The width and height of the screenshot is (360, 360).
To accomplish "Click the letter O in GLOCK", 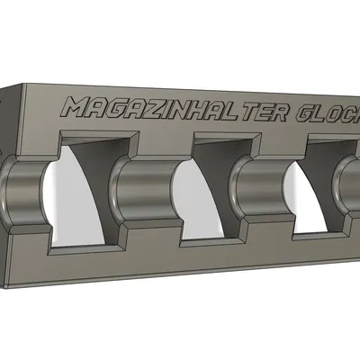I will [342, 119].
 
